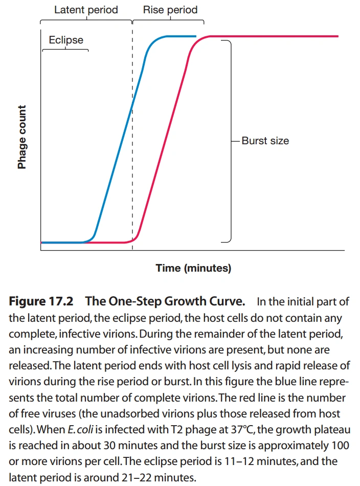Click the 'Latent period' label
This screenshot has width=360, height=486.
86,10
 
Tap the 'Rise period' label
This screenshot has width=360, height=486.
170,10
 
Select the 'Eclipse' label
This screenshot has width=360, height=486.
66,40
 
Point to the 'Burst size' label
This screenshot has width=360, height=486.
265,140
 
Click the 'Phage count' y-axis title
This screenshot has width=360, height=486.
22,137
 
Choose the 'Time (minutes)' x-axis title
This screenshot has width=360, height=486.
193,268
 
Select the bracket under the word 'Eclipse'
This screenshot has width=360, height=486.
65,50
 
